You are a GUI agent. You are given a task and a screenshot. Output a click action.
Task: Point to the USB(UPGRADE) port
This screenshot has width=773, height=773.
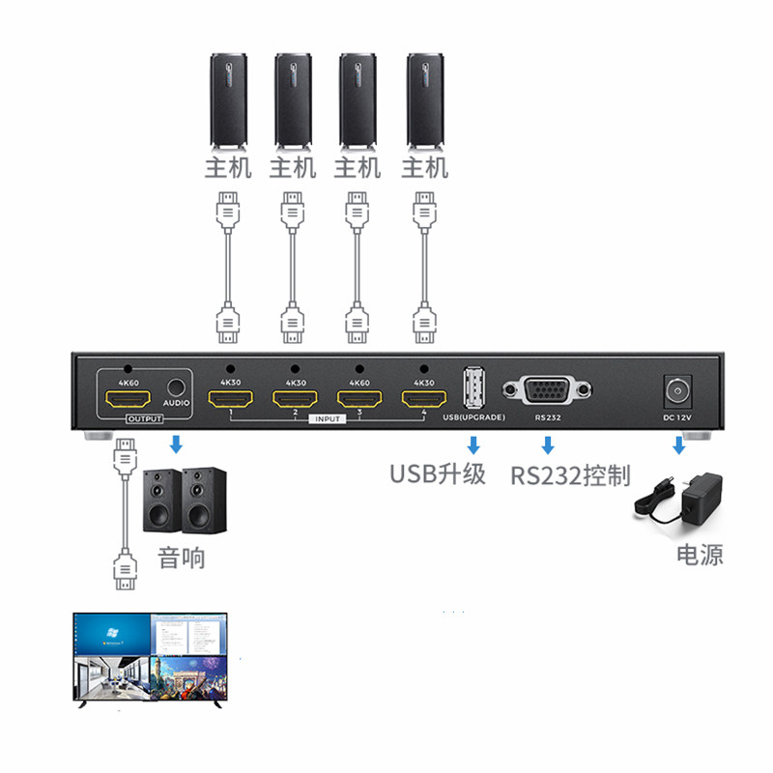(x=472, y=388)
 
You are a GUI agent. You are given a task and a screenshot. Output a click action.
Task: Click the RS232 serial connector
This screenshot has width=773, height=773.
(x=547, y=390)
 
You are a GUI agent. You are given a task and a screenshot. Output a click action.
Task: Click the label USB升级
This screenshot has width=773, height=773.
(x=437, y=474)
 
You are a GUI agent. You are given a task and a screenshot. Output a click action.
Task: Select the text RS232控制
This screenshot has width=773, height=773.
(x=570, y=475)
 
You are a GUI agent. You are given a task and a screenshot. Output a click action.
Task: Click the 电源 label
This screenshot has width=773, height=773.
(x=700, y=555)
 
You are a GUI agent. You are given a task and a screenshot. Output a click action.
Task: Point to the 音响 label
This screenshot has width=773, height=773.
(x=182, y=558)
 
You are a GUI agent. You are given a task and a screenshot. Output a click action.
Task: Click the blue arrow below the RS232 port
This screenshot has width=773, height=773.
(x=547, y=445)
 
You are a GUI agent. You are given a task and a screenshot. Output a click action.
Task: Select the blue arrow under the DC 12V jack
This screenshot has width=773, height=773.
(x=679, y=445)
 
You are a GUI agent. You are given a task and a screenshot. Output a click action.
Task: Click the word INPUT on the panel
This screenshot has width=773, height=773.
(x=327, y=419)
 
